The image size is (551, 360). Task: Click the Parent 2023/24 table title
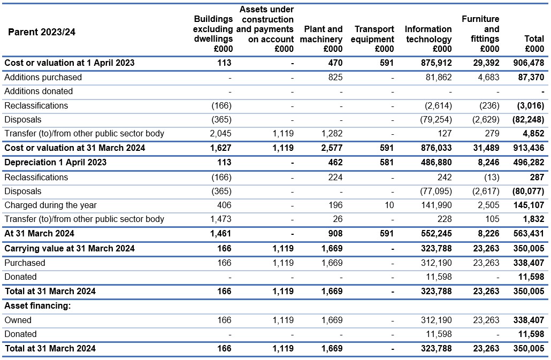(x=42, y=32)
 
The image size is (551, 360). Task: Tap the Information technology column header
(x=428, y=39)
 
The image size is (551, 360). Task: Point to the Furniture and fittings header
(x=480, y=34)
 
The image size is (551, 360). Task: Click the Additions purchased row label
(x=43, y=77)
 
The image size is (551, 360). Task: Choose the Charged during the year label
(x=50, y=205)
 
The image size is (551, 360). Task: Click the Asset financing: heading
(x=37, y=305)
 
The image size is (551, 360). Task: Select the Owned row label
(x=18, y=320)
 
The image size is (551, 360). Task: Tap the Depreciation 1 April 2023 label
(x=55, y=162)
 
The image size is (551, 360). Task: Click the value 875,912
(x=437, y=63)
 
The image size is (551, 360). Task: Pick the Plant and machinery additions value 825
(x=335, y=77)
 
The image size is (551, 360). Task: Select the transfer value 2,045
(x=221, y=134)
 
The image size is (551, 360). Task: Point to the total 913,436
(x=529, y=148)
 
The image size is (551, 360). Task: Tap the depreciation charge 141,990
(x=437, y=205)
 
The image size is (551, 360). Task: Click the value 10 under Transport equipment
(x=389, y=205)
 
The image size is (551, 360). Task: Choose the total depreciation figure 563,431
(x=529, y=234)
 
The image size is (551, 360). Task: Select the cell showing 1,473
(x=221, y=219)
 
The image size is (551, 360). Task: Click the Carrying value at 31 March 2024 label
(x=69, y=248)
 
